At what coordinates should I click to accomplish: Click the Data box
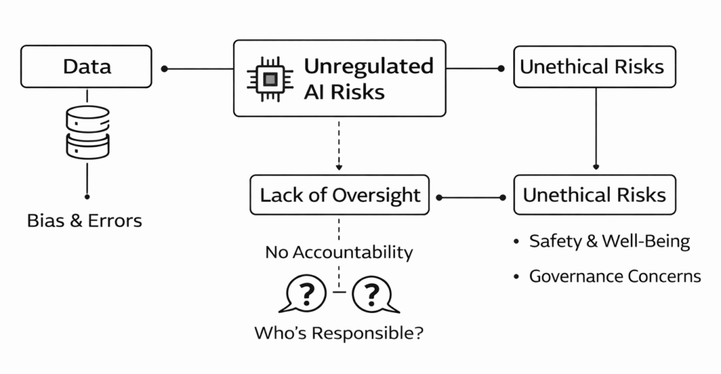[x=86, y=67]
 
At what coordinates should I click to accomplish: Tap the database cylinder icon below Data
[x=87, y=133]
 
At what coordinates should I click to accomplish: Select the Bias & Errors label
[x=84, y=221]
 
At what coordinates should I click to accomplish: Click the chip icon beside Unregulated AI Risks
[x=266, y=79]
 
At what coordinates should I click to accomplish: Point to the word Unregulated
[x=368, y=66]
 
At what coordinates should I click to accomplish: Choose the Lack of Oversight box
[x=339, y=195]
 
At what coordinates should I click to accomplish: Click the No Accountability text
[x=339, y=252]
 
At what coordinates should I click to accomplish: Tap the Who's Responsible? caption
[x=339, y=333]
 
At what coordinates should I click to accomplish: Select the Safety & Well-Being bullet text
[x=609, y=242]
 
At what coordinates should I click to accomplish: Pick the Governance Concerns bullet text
[x=615, y=276]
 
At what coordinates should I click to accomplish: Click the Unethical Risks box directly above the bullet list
[x=594, y=195]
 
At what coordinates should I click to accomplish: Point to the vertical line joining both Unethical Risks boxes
[x=596, y=127]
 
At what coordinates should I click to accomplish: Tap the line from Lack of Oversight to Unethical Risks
[x=470, y=196]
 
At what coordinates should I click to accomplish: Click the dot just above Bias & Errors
[x=87, y=196]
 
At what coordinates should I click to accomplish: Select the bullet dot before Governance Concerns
[x=516, y=276]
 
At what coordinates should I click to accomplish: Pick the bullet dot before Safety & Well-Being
[x=516, y=243]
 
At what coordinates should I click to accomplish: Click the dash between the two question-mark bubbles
[x=339, y=292]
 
